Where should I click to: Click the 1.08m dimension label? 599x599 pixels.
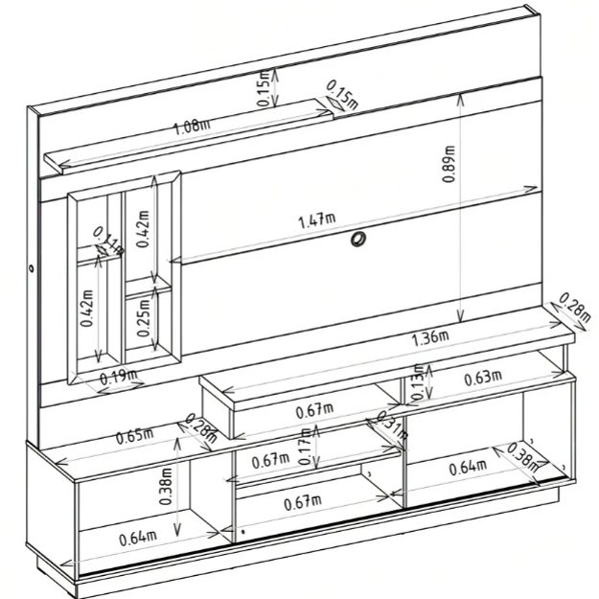pos(192,127)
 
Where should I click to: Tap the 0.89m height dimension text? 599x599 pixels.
pos(449,164)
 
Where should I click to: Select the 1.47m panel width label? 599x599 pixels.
pos(316,220)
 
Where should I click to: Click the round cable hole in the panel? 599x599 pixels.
pos(357,240)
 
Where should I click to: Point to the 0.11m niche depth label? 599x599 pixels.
pos(109,242)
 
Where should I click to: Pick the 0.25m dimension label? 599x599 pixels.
pos(144,318)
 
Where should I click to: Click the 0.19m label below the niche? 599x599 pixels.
pos(119,377)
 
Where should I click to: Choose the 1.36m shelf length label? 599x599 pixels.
pos(429,338)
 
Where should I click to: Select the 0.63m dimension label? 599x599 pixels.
pos(483,378)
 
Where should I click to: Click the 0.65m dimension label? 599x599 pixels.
pos(135,437)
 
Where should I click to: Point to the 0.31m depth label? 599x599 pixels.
pos(392,425)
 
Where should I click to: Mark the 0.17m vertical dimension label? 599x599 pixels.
pos(306,446)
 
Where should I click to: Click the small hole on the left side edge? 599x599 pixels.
pos(31,268)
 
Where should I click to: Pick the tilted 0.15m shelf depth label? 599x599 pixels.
pos(342,95)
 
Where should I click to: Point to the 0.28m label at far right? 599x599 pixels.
pos(575,307)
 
